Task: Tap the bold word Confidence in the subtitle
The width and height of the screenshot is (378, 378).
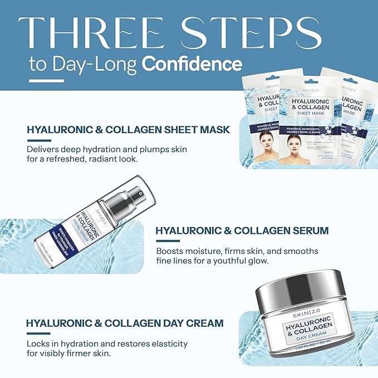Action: (x=192, y=63)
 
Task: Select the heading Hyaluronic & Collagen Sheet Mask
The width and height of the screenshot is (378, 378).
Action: (x=128, y=130)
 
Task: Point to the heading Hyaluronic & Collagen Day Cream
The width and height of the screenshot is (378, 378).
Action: (x=125, y=323)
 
